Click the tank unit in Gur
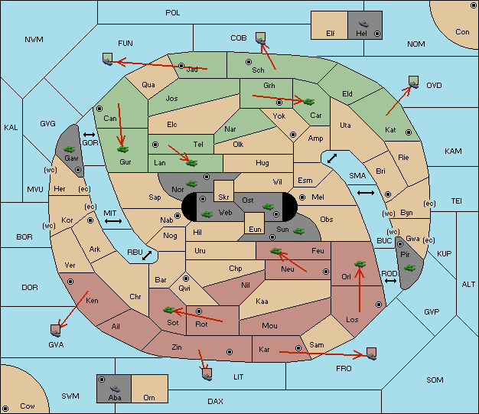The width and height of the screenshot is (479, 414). (x=123, y=149)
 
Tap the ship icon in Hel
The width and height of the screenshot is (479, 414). (x=363, y=24)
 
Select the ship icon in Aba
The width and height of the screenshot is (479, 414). (x=115, y=389)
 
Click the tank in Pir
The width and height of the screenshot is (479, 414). (x=410, y=268)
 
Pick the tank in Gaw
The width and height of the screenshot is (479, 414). (x=70, y=149)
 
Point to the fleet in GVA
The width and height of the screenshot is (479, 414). (x=56, y=331)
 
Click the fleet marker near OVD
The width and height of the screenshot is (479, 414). (x=414, y=82)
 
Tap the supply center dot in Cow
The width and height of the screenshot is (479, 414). (x=5, y=408)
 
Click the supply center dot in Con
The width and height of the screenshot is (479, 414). (x=473, y=6)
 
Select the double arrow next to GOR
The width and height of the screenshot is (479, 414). (x=89, y=135)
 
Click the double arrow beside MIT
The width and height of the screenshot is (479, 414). (x=113, y=221)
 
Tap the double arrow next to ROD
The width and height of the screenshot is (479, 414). (x=390, y=281)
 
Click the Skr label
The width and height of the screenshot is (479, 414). (x=223, y=197)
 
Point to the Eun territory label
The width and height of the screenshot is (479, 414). (x=255, y=230)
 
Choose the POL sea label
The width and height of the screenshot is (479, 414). (x=173, y=13)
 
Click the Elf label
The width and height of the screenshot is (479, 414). (x=331, y=34)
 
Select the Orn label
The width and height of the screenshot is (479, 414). (x=149, y=397)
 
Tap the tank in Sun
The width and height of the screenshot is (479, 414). (x=298, y=231)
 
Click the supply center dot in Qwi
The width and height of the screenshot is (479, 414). (x=186, y=279)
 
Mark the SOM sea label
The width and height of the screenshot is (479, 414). (x=435, y=380)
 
